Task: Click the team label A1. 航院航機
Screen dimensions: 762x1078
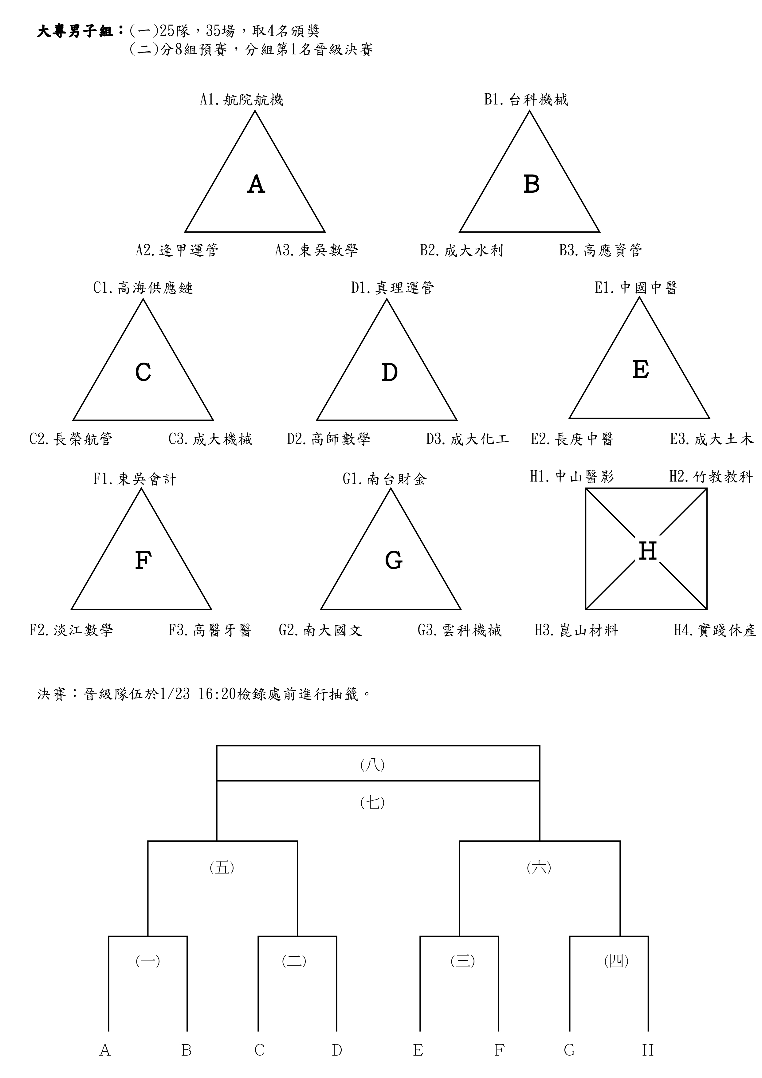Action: [x=241, y=100]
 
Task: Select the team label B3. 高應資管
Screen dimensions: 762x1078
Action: [x=600, y=250]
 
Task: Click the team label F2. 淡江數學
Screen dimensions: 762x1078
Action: [x=71, y=630]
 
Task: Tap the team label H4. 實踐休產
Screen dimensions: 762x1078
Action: [x=715, y=630]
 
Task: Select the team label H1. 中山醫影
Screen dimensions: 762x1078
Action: [x=572, y=477]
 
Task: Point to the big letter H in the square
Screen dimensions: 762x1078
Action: [x=647, y=550]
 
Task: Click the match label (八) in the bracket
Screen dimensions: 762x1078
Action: [x=372, y=765]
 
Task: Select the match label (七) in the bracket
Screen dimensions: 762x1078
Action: [x=372, y=802]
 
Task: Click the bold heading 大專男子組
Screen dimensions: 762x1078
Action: [x=75, y=31]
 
